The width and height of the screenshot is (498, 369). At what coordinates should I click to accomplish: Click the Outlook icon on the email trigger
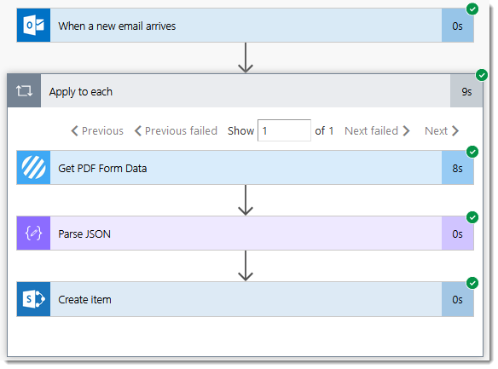(x=33, y=26)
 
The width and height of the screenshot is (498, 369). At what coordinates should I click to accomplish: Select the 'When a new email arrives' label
(x=117, y=26)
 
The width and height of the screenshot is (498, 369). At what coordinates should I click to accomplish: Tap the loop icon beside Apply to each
(x=24, y=91)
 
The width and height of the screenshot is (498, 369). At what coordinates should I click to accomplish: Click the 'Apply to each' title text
(x=81, y=92)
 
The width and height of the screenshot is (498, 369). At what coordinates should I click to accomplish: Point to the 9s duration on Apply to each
(x=466, y=92)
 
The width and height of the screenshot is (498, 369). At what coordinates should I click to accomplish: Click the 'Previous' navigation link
(x=97, y=130)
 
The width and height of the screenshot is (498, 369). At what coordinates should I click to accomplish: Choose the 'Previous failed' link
(x=176, y=130)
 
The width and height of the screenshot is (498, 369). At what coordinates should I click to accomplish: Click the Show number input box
(x=284, y=130)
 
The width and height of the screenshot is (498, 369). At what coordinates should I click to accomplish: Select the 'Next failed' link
(x=377, y=130)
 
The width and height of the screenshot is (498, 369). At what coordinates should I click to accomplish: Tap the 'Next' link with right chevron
(x=442, y=130)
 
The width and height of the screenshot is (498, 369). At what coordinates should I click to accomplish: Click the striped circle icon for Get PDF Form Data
(x=33, y=168)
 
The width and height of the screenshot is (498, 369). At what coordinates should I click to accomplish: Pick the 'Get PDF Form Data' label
(x=102, y=169)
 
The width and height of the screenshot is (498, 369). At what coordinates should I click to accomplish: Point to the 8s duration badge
(x=457, y=168)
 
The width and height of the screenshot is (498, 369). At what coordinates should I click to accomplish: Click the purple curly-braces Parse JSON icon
(x=33, y=234)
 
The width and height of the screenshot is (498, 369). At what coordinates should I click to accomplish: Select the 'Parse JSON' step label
(x=84, y=234)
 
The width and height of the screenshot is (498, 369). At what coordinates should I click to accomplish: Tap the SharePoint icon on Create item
(x=33, y=299)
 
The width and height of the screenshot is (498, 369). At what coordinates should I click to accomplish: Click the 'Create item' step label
(x=84, y=300)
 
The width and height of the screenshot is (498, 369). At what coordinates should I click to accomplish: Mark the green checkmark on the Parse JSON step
(x=472, y=217)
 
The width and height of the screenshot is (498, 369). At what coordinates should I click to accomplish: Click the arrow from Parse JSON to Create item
(x=246, y=266)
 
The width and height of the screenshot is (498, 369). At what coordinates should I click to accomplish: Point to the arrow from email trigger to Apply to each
(x=246, y=58)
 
